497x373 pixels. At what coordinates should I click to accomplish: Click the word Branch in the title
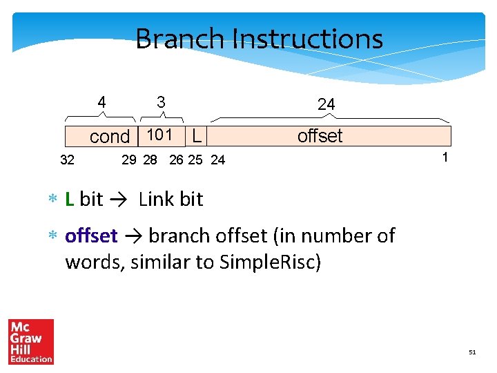pos(180,39)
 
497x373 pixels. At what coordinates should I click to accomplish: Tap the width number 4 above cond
pos(102,103)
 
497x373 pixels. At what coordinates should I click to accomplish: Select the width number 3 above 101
pos(161,102)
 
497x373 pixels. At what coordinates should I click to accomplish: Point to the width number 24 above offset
pos(326,104)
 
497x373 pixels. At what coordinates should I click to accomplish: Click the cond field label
pos(109,137)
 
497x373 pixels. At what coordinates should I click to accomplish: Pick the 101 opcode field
pos(159,135)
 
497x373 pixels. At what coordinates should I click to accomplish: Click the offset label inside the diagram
pos(320,136)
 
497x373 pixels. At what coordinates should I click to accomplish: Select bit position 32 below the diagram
pos(68,160)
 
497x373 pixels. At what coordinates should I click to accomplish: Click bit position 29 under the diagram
pos(129,160)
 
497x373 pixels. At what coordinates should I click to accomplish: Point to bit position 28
pos(150,160)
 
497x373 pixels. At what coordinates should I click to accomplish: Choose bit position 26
pos(177,160)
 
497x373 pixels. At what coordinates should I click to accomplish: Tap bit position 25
pos(195,160)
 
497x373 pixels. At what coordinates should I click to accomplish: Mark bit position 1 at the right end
pos(445,157)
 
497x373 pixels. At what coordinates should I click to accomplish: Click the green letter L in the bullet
pos(70,199)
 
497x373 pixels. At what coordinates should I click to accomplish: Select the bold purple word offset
pos(91,236)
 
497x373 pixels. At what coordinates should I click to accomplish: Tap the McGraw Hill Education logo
pos(31,341)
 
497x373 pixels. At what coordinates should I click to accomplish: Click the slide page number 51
pos(472,352)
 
